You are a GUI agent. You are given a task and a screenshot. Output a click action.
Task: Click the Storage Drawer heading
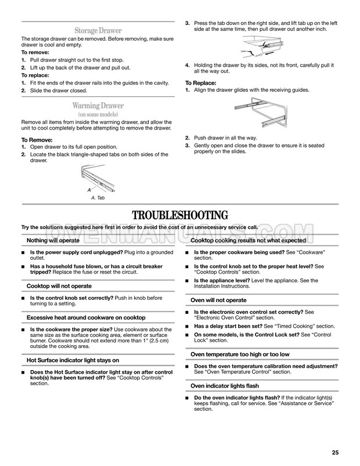97,30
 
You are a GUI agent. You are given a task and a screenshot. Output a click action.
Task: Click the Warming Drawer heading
98,106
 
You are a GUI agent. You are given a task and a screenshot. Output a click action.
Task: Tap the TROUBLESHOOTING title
179,214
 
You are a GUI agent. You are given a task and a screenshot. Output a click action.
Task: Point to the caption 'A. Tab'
98,198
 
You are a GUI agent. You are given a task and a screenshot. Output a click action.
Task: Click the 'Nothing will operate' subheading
53,240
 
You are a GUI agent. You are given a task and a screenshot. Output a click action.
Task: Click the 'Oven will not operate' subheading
219,300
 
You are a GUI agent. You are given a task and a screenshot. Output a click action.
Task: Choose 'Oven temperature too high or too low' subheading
240,354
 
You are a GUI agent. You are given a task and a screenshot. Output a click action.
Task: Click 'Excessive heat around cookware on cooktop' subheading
86,317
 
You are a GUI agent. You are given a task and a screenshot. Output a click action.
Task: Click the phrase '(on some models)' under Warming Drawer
98,115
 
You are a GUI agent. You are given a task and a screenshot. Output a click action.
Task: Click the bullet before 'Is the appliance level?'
188,280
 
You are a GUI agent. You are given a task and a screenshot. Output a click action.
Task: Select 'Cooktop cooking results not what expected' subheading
248,240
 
